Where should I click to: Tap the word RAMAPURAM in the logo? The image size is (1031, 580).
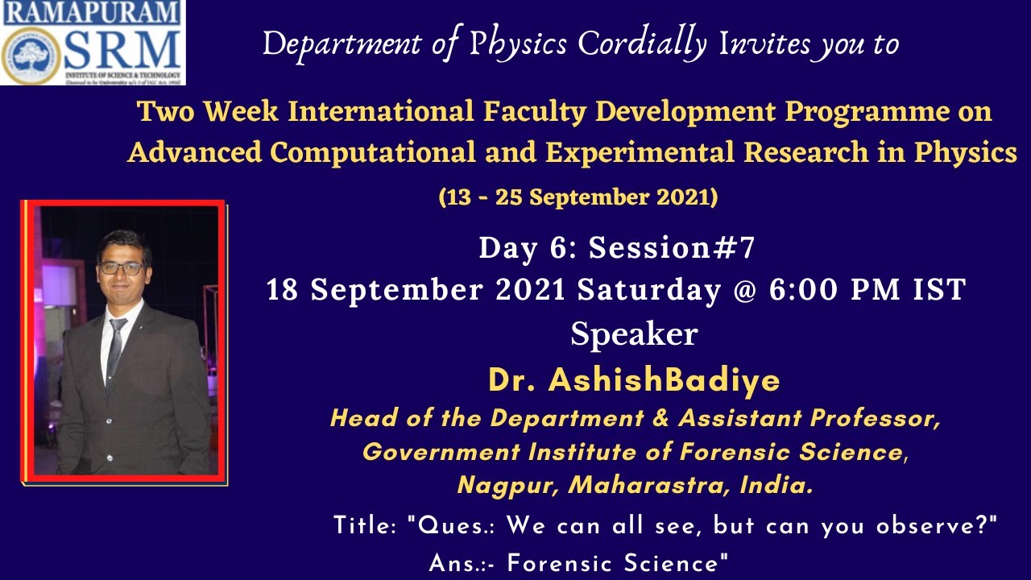(93, 13)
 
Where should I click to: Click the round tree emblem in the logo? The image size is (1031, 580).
(31, 55)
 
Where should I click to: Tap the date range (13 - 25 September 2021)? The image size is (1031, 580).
(578, 197)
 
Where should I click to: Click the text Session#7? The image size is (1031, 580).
(672, 249)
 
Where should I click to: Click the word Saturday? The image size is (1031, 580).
(648, 290)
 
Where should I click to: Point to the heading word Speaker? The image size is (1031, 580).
(633, 333)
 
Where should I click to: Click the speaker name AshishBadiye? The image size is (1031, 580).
(664, 381)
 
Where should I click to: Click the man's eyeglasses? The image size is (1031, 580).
(122, 267)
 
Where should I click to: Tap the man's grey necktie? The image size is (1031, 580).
(115, 346)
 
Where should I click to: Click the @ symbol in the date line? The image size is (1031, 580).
(744, 290)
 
